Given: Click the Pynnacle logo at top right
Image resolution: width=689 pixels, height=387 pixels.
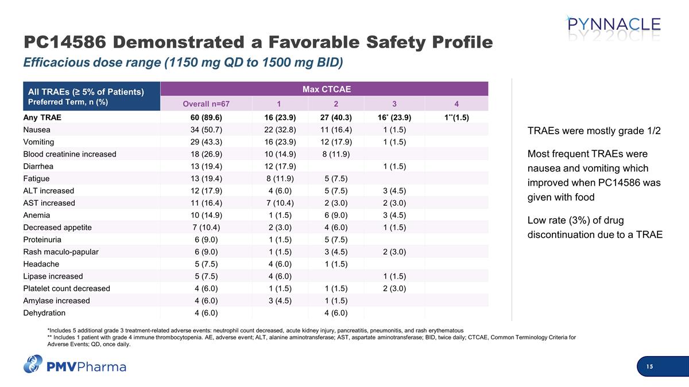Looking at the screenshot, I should pos(613,27).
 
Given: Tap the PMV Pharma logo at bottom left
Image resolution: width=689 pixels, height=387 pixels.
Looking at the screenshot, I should pos(75,365).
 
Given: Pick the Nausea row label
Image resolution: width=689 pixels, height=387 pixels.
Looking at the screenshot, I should pos(36,130).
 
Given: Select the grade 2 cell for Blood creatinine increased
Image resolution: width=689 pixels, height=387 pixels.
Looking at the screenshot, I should pos(336,154).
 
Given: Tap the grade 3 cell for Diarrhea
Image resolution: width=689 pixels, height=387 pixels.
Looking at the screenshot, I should pos(394,166).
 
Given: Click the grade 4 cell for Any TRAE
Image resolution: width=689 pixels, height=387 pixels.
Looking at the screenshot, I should pos(456,118).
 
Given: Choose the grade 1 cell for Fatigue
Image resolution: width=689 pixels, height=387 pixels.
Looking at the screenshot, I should pos(278,178).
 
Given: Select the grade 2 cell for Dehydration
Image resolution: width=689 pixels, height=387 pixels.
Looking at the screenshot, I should pos(336,313).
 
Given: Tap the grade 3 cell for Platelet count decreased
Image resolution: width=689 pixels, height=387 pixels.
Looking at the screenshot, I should pos(394,288).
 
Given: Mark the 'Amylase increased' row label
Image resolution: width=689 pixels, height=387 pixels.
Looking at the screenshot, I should pos(56,300).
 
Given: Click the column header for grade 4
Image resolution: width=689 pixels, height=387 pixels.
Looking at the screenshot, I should pos(456,104).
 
